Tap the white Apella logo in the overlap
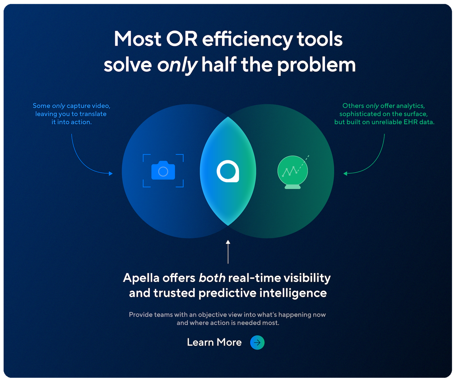click(x=228, y=171)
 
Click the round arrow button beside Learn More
click(x=257, y=342)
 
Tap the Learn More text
click(x=214, y=342)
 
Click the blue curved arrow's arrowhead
click(x=111, y=174)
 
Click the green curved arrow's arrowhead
click(x=345, y=174)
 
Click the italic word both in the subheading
click(x=212, y=278)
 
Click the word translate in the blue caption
click(x=93, y=114)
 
